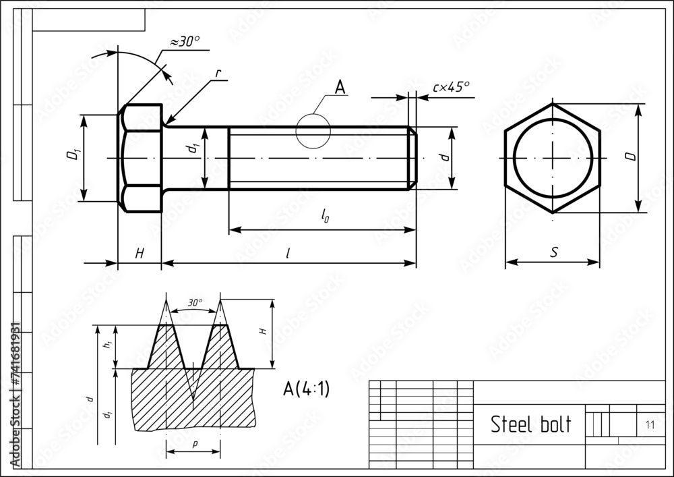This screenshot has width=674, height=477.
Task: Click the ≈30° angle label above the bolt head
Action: point(184,42)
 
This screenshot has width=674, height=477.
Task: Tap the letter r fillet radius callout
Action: point(218,73)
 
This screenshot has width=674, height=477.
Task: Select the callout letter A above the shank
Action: point(340,87)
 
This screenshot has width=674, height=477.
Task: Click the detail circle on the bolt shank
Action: point(313,131)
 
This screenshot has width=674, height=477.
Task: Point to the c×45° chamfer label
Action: point(451,86)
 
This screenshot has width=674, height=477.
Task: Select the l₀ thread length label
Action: point(325,215)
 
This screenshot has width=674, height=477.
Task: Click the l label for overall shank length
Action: point(288,253)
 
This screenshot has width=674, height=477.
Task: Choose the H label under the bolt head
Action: point(140,253)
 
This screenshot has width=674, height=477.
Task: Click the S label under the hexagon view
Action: point(554,252)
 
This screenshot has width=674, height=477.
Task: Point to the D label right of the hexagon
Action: point(630,157)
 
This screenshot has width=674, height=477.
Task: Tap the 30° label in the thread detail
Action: point(195,303)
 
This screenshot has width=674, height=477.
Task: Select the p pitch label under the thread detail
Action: point(193,444)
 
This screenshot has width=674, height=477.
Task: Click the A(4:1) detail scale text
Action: point(306,389)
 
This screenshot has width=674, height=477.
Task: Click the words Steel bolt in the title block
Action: point(530,424)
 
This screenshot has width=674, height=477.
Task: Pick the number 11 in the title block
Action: point(650,425)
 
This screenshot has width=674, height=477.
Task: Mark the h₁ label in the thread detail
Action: point(106,346)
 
